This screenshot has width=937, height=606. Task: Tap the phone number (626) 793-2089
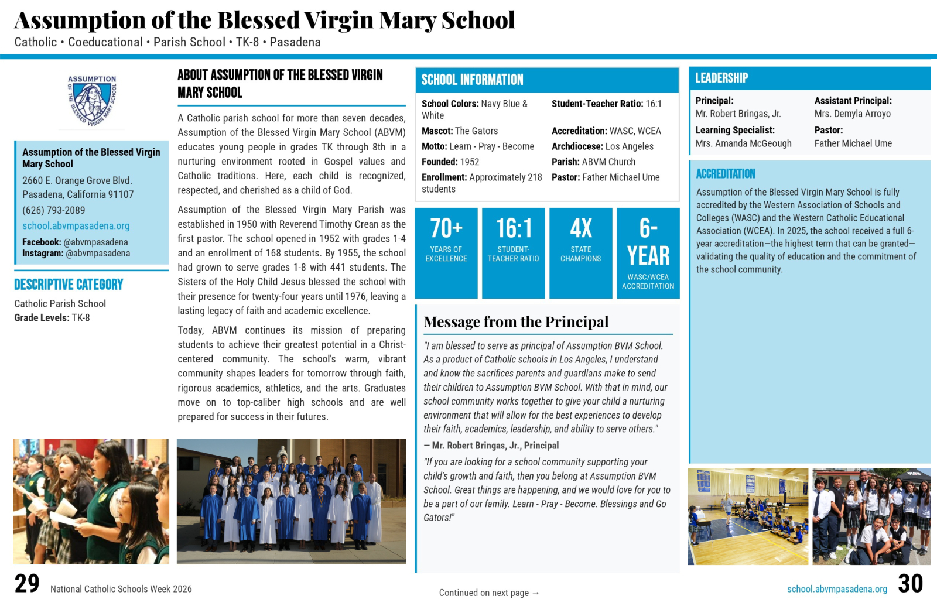54,210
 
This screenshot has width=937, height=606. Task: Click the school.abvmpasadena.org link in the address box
76,226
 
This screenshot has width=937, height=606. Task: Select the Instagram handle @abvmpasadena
98,254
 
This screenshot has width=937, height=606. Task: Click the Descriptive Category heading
69,285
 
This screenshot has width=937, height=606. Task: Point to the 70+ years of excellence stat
446,253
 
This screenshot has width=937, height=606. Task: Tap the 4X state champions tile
581,253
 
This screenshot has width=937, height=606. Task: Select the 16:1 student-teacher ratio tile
514,253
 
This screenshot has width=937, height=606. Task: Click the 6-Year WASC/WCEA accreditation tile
648,253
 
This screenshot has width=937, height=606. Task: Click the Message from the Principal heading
516,322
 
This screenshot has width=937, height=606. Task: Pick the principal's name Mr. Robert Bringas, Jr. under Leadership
738,114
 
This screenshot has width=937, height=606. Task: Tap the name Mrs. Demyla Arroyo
852,114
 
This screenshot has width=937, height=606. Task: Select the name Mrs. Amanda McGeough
743,143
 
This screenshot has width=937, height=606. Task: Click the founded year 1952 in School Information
469,162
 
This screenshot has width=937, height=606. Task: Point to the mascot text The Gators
476,131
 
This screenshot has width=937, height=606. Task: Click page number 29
27,584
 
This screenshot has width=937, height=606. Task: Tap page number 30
910,584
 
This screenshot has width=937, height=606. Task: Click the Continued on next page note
489,593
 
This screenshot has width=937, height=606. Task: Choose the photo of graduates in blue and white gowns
291,502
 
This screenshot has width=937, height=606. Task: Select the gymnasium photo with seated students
748,516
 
